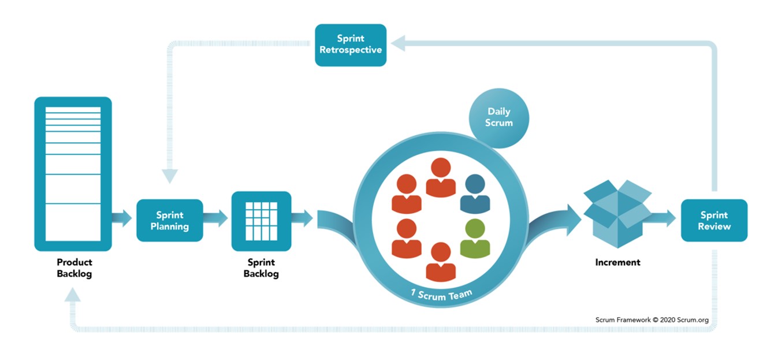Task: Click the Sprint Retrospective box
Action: click(351, 45)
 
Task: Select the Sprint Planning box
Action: click(170, 220)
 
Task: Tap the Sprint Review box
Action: click(714, 220)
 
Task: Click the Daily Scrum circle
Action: click(498, 118)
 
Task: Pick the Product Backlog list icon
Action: click(73, 173)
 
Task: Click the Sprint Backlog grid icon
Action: click(261, 221)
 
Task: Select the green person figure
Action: click(475, 238)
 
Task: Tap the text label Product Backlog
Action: click(74, 268)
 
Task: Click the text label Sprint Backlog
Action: click(261, 268)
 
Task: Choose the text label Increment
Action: click(617, 262)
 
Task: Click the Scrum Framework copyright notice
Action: click(652, 320)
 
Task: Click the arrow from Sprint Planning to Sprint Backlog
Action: click(216, 219)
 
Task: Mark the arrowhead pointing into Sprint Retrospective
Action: click(397, 43)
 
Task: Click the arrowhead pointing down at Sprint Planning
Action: click(170, 176)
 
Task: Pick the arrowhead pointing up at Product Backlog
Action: click(73, 296)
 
